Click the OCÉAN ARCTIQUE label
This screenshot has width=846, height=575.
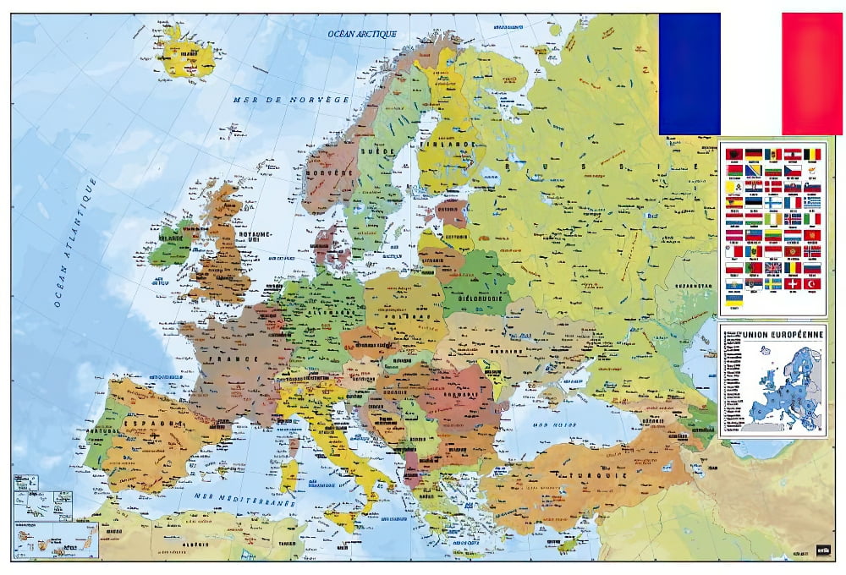pyautogui.click(x=363, y=34)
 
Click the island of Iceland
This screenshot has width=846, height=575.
pyautogui.click(x=184, y=52)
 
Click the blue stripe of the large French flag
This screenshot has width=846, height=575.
pyautogui.click(x=689, y=74)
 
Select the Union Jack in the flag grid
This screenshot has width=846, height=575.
pyautogui.click(x=773, y=267)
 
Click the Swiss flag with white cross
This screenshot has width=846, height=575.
pyautogui.click(x=793, y=283)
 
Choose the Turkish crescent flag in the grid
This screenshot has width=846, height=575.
pyautogui.click(x=812, y=283)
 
